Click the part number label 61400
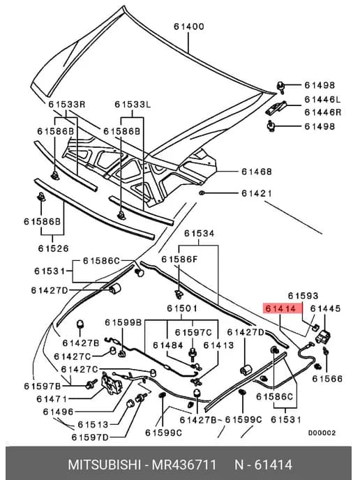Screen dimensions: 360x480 click(189, 27)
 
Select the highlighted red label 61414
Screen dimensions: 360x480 click(280, 308)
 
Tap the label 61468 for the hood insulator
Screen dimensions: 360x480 click(257, 172)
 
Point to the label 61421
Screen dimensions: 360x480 click(257, 193)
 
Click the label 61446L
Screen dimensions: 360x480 click(322, 100)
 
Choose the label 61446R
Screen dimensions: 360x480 click(322, 112)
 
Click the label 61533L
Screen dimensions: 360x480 click(133, 105)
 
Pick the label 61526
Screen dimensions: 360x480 click(53, 248)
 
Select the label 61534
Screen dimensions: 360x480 click(200, 234)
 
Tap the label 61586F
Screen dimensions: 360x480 click(179, 260)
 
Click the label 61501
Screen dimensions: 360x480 click(182, 308)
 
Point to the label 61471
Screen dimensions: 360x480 click(52, 399)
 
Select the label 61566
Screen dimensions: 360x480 click(327, 379)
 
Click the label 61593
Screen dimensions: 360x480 click(303, 296)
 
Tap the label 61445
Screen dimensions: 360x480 click(325, 308)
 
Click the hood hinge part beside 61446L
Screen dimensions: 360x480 click(276, 107)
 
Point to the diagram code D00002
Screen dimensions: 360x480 click(322, 433)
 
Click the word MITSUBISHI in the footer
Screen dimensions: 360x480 click(104, 465)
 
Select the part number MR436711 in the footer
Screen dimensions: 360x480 click(184, 465)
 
